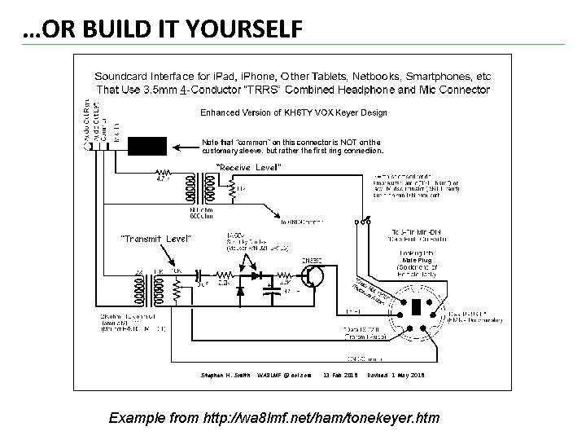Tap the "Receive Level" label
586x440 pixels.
click(x=248, y=167)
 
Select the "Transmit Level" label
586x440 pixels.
click(x=155, y=238)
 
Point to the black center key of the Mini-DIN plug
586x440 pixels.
click(x=414, y=309)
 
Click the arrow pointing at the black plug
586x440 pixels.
click(x=182, y=146)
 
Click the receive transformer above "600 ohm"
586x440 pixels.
click(x=199, y=189)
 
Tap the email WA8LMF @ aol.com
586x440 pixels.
click(x=284, y=375)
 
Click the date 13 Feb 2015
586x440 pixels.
click(x=340, y=375)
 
